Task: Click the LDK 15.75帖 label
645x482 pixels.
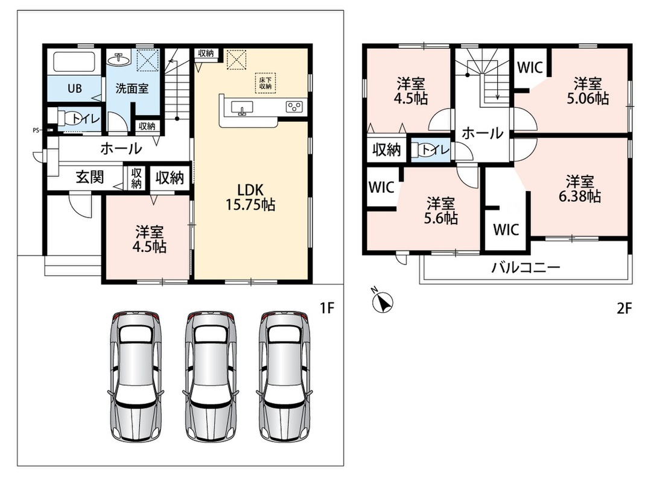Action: [250, 197]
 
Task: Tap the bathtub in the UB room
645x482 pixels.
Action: [74, 62]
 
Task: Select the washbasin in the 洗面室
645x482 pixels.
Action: [119, 60]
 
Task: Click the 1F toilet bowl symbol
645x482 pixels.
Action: [66, 118]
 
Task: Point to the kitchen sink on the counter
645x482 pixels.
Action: [242, 108]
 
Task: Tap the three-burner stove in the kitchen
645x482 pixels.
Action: [294, 107]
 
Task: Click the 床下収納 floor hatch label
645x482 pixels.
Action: [265, 83]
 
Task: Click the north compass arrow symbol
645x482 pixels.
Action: [382, 301]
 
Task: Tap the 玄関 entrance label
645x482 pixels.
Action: [90, 177]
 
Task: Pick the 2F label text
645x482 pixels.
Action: [624, 308]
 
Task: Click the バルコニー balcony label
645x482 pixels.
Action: [526, 268]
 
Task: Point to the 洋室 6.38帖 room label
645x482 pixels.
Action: [580, 189]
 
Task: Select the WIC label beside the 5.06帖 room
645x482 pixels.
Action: [529, 67]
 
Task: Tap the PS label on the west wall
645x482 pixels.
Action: [36, 131]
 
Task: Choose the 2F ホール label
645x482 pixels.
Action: [482, 133]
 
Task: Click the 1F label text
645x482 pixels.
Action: [327, 308]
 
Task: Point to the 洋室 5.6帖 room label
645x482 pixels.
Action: [441, 210]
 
